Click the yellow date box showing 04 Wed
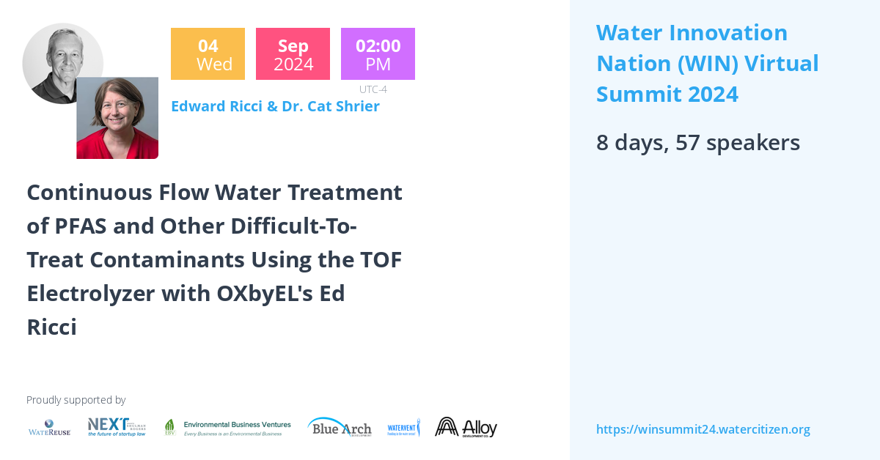click(208, 53)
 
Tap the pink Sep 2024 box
click(293, 53)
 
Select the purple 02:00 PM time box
click(378, 53)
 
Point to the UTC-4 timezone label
click(373, 89)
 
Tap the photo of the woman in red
click(117, 119)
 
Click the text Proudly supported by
click(76, 400)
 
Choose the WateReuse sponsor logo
click(49, 428)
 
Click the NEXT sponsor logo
click(117, 427)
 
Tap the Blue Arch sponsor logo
click(340, 428)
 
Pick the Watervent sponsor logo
click(403, 428)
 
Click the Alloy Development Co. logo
click(466, 428)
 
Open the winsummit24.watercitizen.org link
click(703, 429)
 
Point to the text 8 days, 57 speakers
click(697, 142)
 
